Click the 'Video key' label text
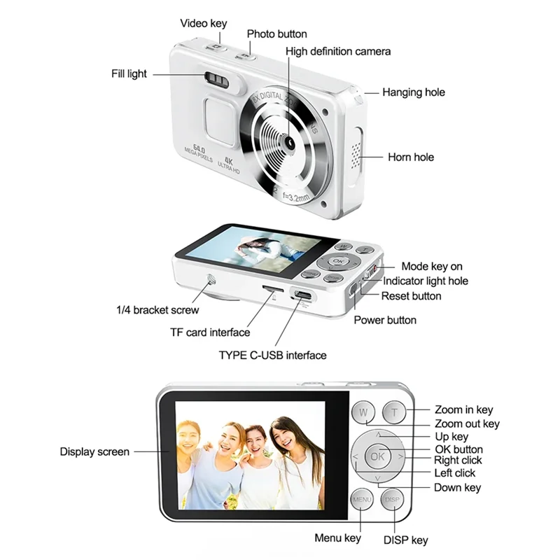204,23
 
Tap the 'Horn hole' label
411,157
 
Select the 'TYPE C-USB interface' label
272,355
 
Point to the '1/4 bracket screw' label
157,309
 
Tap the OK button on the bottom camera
377,456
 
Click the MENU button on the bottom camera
362,500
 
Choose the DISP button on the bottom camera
392,500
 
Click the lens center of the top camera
288,141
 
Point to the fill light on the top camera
218,79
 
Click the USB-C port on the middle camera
303,294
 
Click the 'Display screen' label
94,451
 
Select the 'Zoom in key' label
463,409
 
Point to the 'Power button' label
385,320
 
